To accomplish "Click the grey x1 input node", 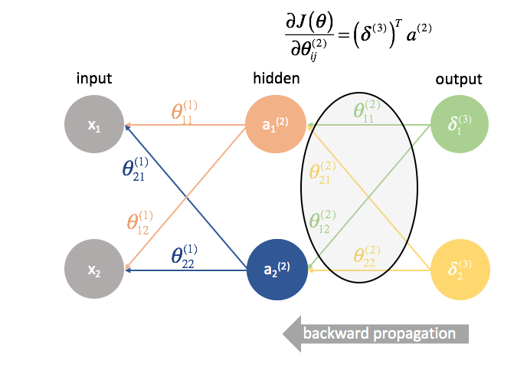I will tap(94, 126).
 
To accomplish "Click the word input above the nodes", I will tap(94, 79).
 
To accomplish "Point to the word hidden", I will tap(276, 79).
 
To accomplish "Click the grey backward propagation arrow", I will tap(375, 334).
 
